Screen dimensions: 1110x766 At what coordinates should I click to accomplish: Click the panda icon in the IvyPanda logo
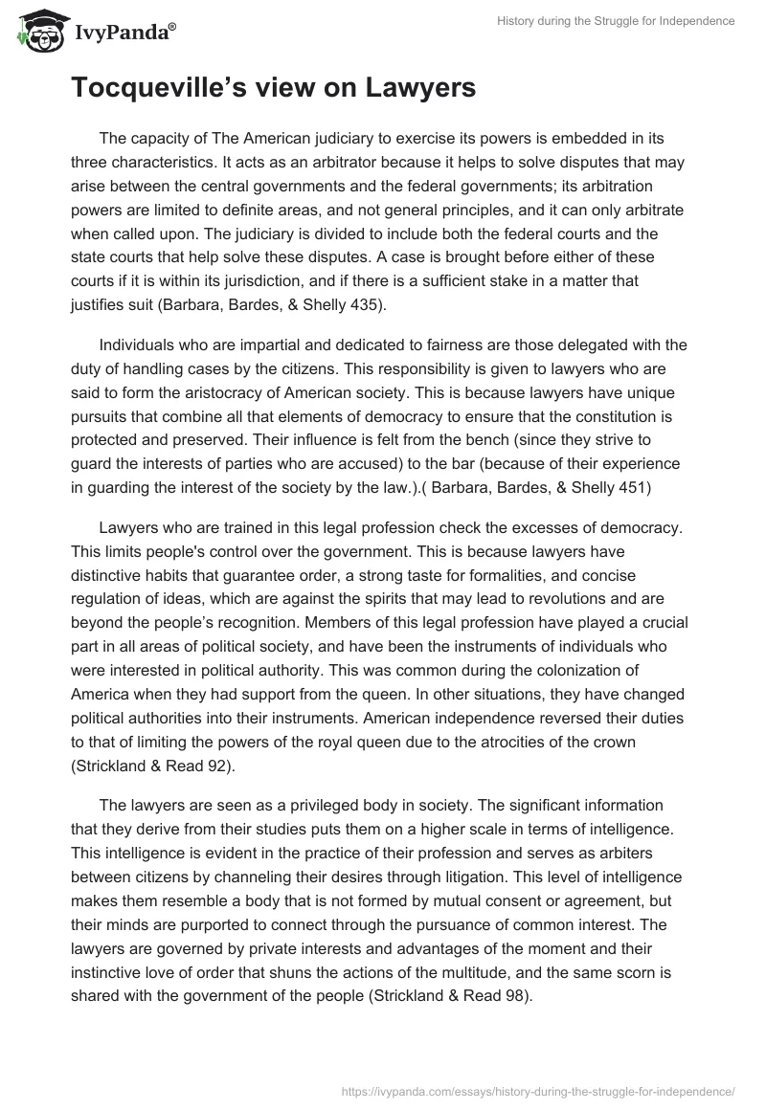(x=36, y=33)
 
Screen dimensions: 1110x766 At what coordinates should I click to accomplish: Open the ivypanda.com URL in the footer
(x=539, y=1090)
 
